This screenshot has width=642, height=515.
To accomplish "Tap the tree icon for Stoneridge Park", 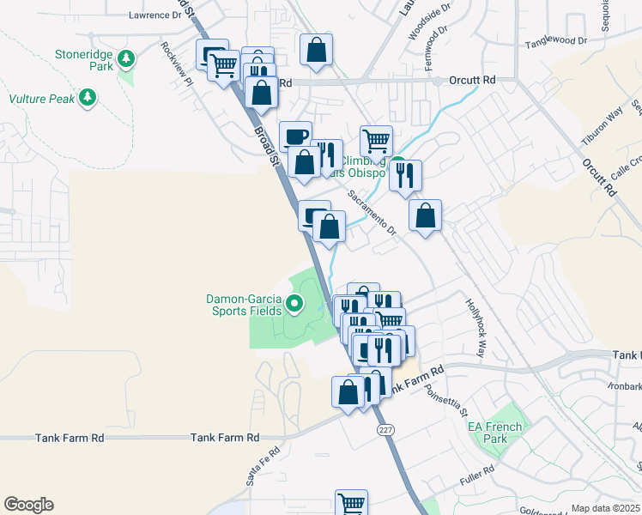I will tap(126, 58).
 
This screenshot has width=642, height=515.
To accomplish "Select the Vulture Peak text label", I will tap(42, 99).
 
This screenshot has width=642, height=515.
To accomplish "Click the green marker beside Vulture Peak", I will tap(87, 99).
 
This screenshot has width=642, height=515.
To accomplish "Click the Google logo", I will tap(28, 505).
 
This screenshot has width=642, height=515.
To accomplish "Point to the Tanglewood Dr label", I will tap(555, 41).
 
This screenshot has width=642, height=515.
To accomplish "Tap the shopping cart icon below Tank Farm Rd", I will tap(351, 502).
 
